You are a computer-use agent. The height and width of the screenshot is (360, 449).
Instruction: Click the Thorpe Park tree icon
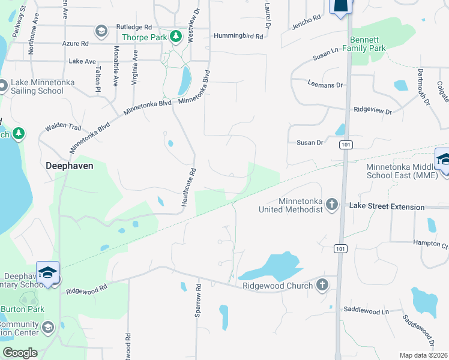coord(175,37)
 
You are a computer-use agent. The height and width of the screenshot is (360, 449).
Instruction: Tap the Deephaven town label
coord(70,166)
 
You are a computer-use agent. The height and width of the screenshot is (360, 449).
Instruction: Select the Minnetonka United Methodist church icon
coord(331,206)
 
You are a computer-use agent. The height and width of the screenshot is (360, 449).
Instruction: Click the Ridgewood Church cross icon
coord(322,285)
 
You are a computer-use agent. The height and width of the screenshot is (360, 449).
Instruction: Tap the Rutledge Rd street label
coord(134,27)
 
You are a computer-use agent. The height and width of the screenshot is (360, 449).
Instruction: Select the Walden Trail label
coord(63,127)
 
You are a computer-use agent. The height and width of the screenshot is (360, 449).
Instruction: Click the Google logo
coord(20,353)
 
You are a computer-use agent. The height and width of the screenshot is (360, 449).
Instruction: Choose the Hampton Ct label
coord(431,245)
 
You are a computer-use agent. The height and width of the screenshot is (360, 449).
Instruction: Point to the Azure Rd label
coord(76,44)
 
